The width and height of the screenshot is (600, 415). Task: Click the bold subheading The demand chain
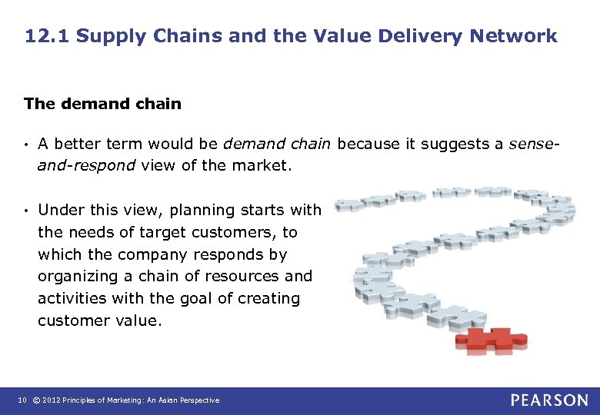coord(102,103)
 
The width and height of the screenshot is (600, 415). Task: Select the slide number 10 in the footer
coord(22,400)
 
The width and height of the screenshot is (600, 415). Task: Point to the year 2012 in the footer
coord(52,400)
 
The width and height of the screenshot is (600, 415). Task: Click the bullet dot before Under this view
coord(26,210)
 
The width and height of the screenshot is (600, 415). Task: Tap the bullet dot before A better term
coord(26,143)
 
